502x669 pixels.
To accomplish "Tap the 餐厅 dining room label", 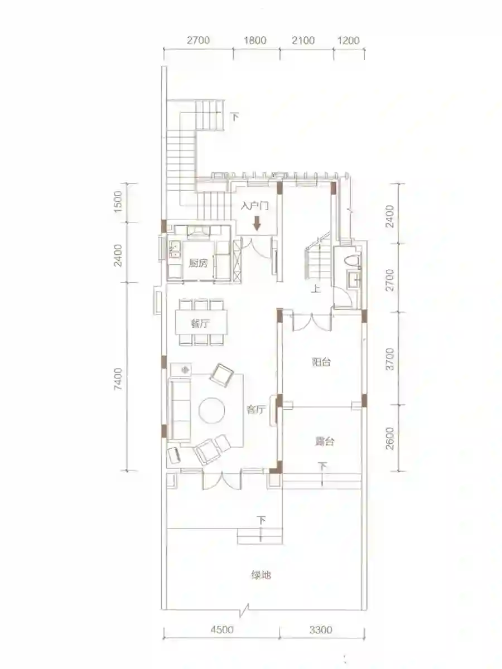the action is tap(200, 323).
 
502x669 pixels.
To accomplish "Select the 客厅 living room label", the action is tap(256, 410).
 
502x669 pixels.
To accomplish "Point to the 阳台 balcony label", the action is tap(322, 362).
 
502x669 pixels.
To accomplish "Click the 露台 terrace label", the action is tap(325, 442).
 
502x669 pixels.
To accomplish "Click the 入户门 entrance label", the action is tap(255, 206).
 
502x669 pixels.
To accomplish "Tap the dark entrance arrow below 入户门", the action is tap(257, 223).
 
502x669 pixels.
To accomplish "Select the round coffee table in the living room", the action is tap(212, 410).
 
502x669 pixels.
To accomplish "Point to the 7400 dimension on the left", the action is tap(118, 379).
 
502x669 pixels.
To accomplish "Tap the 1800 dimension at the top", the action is tap(255, 40).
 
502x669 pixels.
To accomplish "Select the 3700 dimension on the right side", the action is tap(390, 360).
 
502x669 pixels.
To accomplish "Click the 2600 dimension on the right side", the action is tap(390, 439).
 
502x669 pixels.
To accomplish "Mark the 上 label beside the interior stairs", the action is tap(316, 289).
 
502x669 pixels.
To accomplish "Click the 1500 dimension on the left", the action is tap(118, 202).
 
